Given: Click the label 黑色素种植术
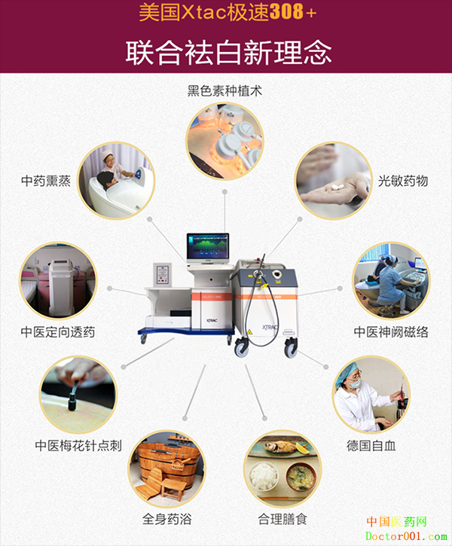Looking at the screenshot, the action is (x=224, y=91).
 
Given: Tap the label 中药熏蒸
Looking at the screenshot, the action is (x=46, y=181).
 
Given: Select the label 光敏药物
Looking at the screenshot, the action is (x=403, y=181).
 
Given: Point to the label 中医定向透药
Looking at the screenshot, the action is (x=58, y=332).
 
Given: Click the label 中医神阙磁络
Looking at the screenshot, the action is (x=391, y=332).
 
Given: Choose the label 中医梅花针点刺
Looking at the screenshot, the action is (x=78, y=446).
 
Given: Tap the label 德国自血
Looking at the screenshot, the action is (x=371, y=446).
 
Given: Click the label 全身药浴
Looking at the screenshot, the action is (x=166, y=519).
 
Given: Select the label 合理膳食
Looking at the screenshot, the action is (x=282, y=519).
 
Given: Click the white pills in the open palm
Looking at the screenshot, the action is (x=337, y=187).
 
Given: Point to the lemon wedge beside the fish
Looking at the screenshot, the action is (x=302, y=448).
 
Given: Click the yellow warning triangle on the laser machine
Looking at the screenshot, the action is (x=249, y=332).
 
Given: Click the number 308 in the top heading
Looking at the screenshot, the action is (x=286, y=13).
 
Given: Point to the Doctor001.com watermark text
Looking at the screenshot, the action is (x=406, y=536).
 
